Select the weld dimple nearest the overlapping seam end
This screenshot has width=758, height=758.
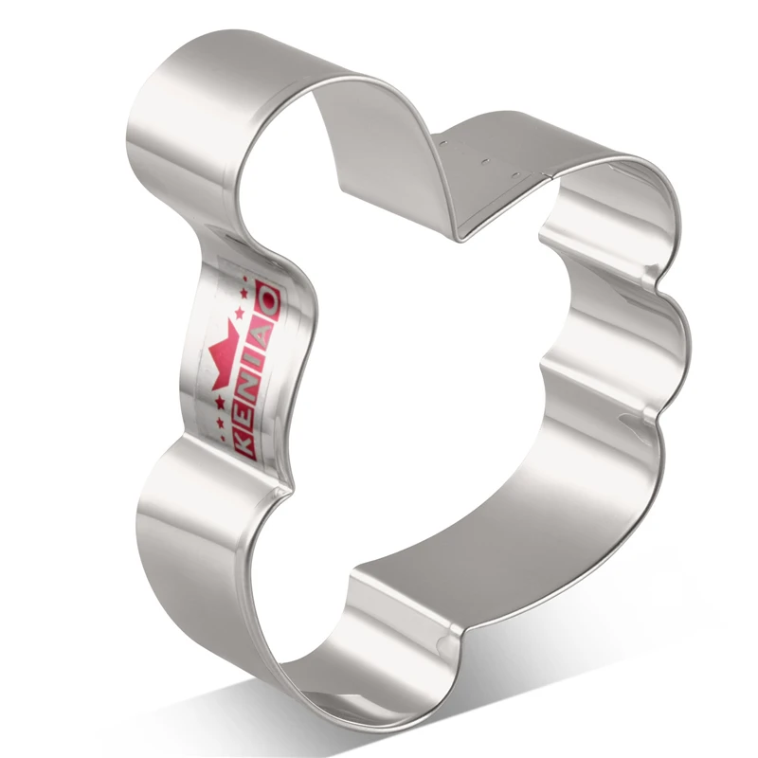(517, 174)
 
